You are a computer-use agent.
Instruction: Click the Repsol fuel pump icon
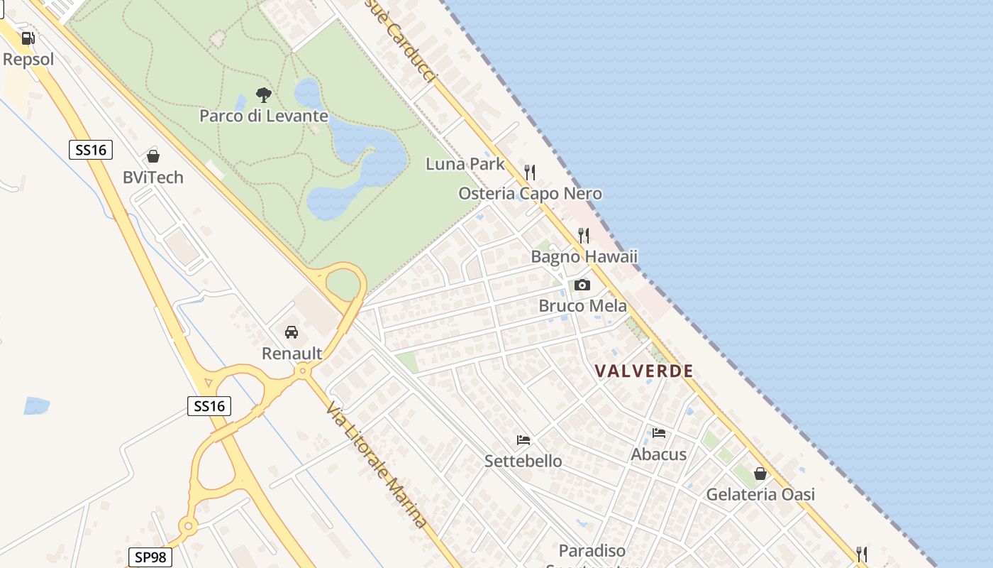pyautogui.click(x=28, y=38)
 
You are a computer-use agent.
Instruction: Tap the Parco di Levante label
pyautogui.click(x=263, y=116)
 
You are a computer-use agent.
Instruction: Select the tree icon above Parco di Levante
pyautogui.click(x=263, y=94)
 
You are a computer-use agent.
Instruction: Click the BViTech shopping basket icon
pyautogui.click(x=152, y=156)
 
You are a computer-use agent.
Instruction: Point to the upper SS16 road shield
pyautogui.click(x=91, y=150)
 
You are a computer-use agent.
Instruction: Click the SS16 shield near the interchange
pyautogui.click(x=209, y=406)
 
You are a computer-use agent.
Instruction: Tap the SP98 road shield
pyautogui.click(x=150, y=557)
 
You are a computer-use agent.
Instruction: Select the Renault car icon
pyautogui.click(x=291, y=332)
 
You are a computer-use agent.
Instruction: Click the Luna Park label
pyautogui.click(x=465, y=164)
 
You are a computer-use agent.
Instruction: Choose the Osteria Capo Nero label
pyautogui.click(x=530, y=194)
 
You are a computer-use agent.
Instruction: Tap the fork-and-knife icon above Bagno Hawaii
pyautogui.click(x=584, y=235)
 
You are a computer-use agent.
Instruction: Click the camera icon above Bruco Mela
pyautogui.click(x=582, y=285)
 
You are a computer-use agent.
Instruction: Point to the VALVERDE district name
pyautogui.click(x=644, y=371)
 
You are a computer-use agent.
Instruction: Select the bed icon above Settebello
pyautogui.click(x=523, y=440)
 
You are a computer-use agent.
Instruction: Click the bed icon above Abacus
pyautogui.click(x=659, y=433)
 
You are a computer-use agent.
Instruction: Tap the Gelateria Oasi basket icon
pyautogui.click(x=760, y=474)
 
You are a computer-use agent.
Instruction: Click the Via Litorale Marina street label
pyautogui.click(x=377, y=465)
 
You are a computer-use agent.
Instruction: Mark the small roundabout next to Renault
pyautogui.click(x=303, y=370)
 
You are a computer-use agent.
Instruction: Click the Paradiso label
pyautogui.click(x=592, y=551)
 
